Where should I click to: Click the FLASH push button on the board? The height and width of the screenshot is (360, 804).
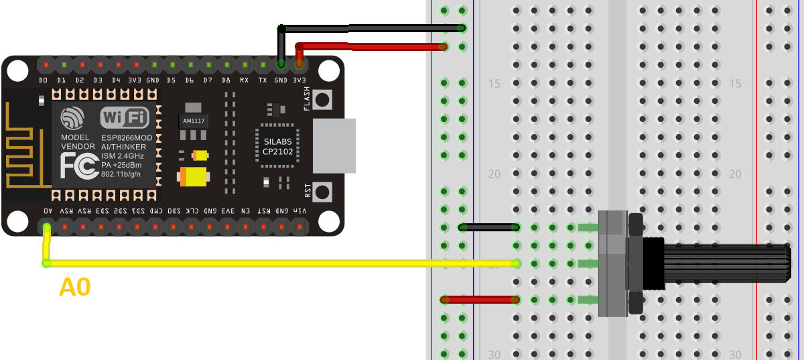click(x=323, y=100)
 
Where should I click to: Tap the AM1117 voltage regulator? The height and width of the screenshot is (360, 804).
click(x=194, y=121)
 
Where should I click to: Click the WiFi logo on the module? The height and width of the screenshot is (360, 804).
click(x=125, y=118)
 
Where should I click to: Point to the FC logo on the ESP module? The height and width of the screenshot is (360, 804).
click(x=76, y=166)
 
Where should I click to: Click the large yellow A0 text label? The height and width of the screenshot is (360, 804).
click(x=74, y=288)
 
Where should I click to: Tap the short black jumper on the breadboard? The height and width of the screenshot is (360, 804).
click(x=490, y=227)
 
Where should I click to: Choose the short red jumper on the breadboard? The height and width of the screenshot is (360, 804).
click(x=480, y=300)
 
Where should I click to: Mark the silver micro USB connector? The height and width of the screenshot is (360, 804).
click(x=334, y=146)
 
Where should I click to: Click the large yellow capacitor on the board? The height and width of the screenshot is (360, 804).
click(x=194, y=177)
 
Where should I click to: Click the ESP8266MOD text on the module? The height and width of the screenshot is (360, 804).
click(x=126, y=137)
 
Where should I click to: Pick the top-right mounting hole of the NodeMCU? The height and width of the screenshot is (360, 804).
click(x=328, y=70)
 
